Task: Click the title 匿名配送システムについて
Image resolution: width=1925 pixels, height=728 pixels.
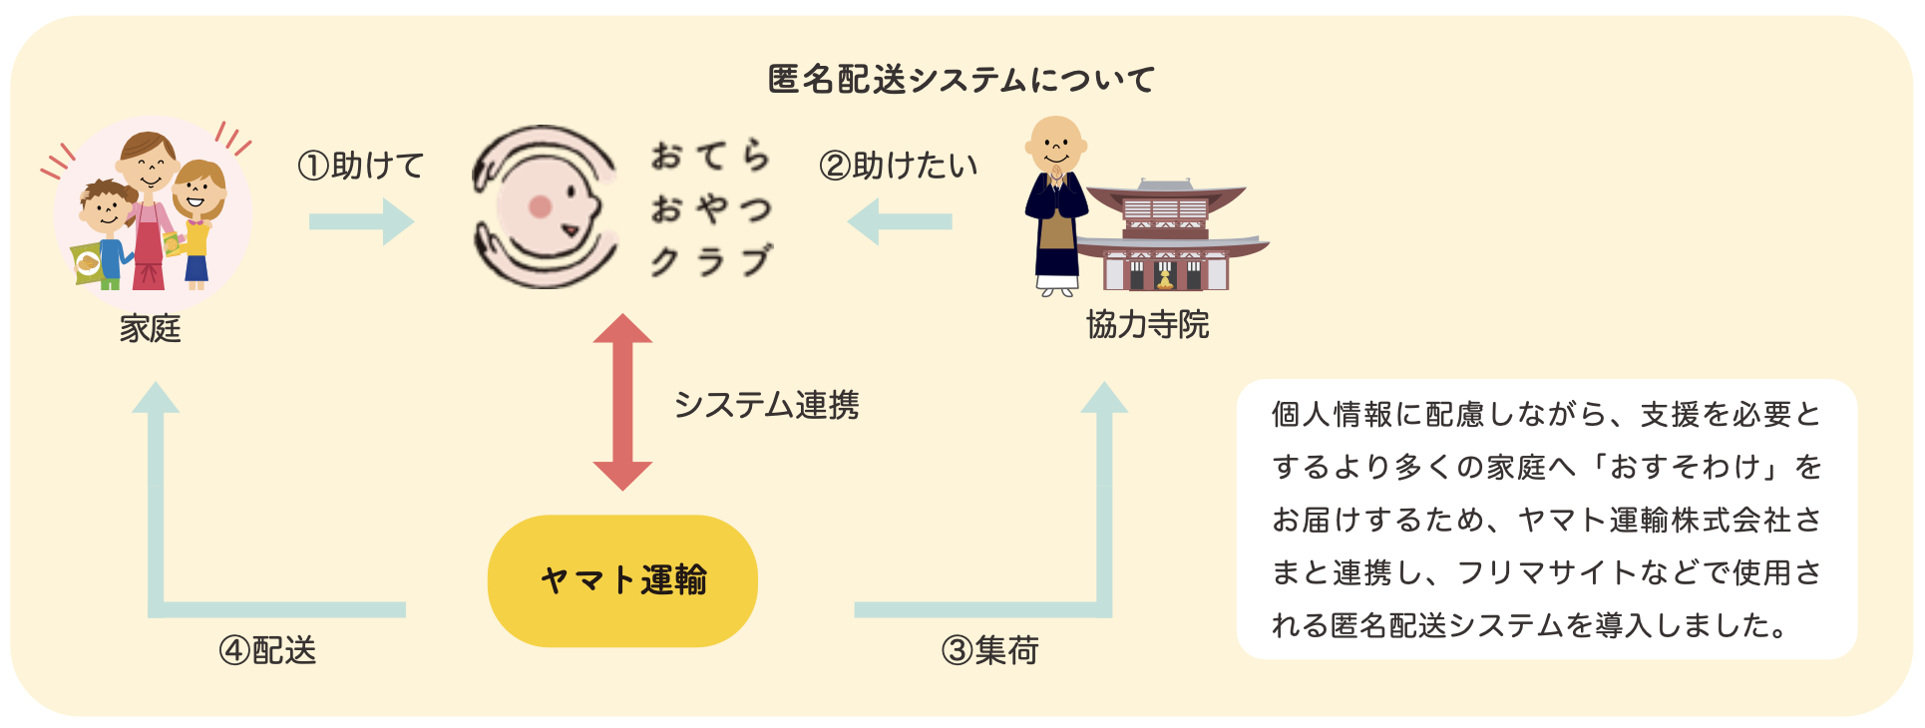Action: click(962, 79)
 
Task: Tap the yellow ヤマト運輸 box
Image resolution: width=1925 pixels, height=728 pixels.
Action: click(622, 580)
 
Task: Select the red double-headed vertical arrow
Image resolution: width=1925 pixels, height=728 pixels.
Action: click(622, 402)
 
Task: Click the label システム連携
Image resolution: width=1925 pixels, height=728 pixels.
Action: click(766, 404)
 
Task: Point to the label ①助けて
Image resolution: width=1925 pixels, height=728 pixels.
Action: click(361, 166)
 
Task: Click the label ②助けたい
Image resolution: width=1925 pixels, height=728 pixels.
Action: click(898, 166)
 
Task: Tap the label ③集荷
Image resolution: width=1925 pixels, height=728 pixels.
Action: click(990, 650)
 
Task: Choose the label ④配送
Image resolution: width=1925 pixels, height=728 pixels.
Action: click(267, 650)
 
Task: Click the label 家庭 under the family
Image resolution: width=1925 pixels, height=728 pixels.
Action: click(150, 328)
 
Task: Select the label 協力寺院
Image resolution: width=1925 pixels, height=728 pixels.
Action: click(1147, 324)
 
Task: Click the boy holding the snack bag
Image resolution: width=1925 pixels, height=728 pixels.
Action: click(105, 234)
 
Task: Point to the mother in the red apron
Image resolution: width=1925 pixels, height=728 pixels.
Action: click(149, 209)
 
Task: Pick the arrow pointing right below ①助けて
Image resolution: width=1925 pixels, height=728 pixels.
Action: click(361, 221)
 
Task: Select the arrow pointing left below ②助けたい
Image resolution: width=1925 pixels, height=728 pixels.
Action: click(900, 221)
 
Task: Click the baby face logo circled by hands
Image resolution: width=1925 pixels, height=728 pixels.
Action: click(545, 206)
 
